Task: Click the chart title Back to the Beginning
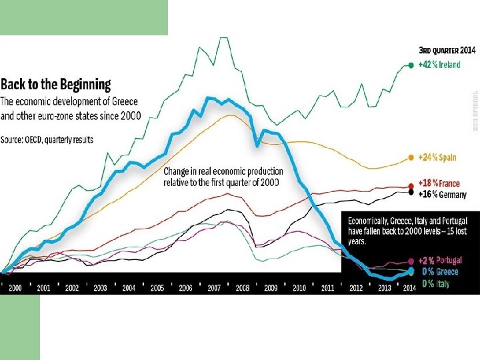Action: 56,85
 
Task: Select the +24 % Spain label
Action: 437,157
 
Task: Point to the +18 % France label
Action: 439,183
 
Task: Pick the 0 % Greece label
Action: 440,272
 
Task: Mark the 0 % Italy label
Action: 436,283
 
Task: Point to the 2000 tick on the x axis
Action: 14,288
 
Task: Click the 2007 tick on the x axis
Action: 214,288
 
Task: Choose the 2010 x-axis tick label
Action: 299,288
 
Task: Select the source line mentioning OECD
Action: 47,139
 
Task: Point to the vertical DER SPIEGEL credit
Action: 475,111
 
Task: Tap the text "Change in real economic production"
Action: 223,171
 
